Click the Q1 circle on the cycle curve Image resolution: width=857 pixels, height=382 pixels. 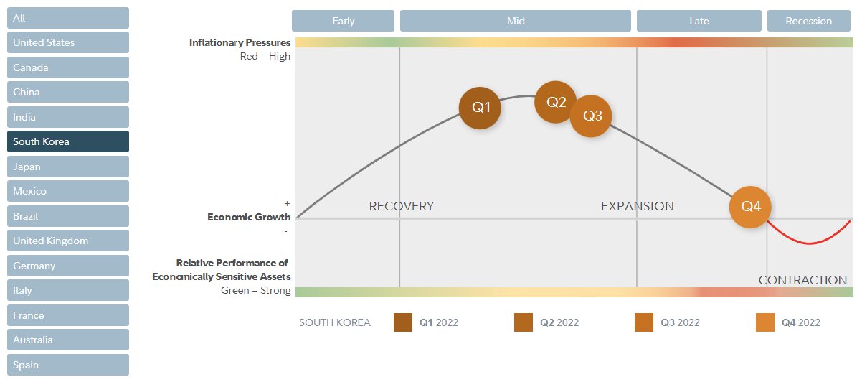[x=480, y=108]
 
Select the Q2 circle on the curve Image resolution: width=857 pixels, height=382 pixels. [x=556, y=102]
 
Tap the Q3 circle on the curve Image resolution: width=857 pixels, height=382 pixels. [x=591, y=116]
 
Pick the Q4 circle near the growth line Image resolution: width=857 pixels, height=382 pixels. [x=750, y=207]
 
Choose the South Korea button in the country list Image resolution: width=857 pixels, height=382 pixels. [x=68, y=141]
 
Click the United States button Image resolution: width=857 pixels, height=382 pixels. [x=68, y=42]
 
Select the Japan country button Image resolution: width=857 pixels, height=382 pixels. [x=68, y=167]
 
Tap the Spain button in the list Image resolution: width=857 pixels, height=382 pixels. [x=68, y=365]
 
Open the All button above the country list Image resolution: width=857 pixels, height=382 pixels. [x=68, y=18]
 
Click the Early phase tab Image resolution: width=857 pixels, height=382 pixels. [x=344, y=21]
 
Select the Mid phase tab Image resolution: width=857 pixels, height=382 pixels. [x=516, y=21]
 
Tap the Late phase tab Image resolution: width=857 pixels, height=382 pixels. [x=699, y=21]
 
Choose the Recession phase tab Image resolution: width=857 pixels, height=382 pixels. [x=808, y=21]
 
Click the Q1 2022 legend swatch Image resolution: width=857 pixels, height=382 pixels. [x=403, y=322]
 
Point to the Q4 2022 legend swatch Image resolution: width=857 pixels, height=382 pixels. [x=765, y=322]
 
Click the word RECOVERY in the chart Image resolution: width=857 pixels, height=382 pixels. [x=402, y=206]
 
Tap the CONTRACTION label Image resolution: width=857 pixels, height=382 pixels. [x=802, y=280]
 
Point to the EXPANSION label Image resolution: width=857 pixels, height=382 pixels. [x=638, y=206]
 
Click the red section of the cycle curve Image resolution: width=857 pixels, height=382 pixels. [x=810, y=243]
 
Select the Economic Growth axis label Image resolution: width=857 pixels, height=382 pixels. [x=249, y=217]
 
